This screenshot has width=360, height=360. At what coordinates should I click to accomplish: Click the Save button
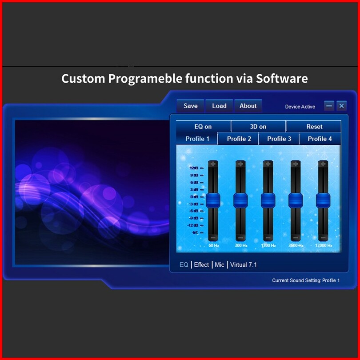190,106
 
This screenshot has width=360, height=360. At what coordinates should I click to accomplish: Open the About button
248,106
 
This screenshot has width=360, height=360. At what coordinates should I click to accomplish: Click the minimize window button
329,106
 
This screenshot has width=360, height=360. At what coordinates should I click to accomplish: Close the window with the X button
341,106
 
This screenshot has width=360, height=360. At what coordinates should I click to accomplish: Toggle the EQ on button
203,127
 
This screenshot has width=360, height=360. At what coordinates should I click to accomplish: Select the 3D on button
258,127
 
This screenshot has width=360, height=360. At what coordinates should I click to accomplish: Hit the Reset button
314,127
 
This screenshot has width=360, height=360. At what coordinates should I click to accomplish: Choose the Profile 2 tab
238,139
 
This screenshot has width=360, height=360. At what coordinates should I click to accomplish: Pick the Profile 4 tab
320,139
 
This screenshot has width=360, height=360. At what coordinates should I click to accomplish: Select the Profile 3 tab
279,139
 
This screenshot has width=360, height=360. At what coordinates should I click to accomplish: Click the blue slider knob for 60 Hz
213,200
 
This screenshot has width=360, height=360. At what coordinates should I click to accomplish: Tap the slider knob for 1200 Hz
268,200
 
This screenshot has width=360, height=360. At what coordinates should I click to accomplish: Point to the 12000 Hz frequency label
323,245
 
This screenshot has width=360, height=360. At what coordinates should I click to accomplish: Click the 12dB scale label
194,168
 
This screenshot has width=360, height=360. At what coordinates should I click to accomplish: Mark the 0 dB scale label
194,197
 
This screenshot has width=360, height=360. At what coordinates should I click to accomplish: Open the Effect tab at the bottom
201,265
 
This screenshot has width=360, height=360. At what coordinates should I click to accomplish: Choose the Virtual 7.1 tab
244,265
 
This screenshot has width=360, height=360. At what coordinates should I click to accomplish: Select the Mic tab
219,265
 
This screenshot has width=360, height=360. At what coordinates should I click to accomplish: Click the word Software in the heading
282,79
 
